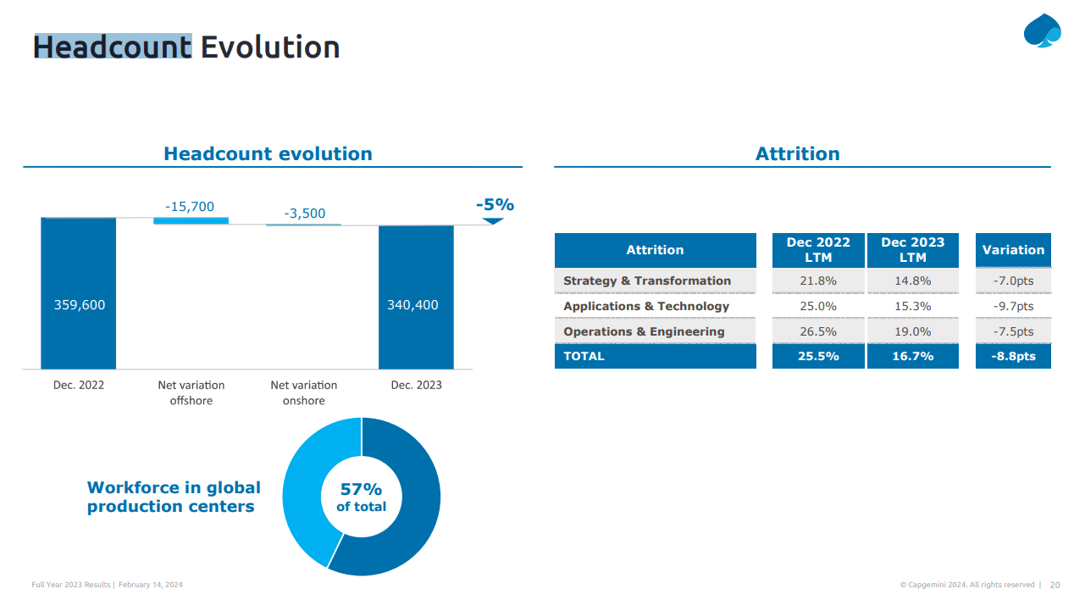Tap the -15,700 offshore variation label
click(x=190, y=206)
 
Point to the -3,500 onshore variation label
click(x=304, y=213)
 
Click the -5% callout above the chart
click(x=495, y=204)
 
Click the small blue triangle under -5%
click(x=493, y=221)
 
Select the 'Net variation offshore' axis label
click(x=191, y=392)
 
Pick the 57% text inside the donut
click(x=361, y=489)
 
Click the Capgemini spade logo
click(x=1041, y=31)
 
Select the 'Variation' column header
click(x=1013, y=250)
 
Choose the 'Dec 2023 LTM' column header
click(x=912, y=250)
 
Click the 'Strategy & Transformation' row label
click(x=647, y=281)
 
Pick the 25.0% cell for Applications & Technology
click(x=817, y=306)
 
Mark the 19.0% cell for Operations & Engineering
click(x=912, y=331)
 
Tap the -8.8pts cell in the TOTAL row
click(x=1013, y=356)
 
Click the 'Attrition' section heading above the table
click(x=797, y=153)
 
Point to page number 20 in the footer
click(x=1055, y=585)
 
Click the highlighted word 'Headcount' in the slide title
click(x=113, y=47)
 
